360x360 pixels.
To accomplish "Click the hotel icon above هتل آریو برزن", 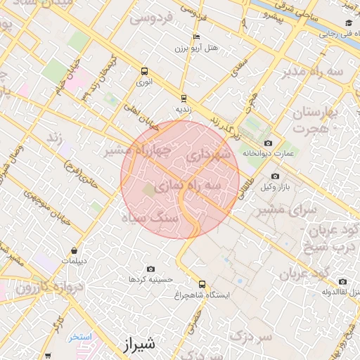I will (x=195, y=38).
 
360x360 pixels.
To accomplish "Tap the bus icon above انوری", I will (x=145, y=71).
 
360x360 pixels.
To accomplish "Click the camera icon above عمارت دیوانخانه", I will (x=268, y=143).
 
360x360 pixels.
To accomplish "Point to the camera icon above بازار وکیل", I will (x=275, y=176).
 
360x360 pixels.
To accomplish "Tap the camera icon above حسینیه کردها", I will (x=150, y=269).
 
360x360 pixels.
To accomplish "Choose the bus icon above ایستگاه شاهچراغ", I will (x=202, y=285).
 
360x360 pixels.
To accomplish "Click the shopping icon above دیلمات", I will (x=74, y=250).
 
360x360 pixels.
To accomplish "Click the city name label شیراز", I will (x=138, y=345).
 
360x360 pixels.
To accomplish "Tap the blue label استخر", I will (x=81, y=337).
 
